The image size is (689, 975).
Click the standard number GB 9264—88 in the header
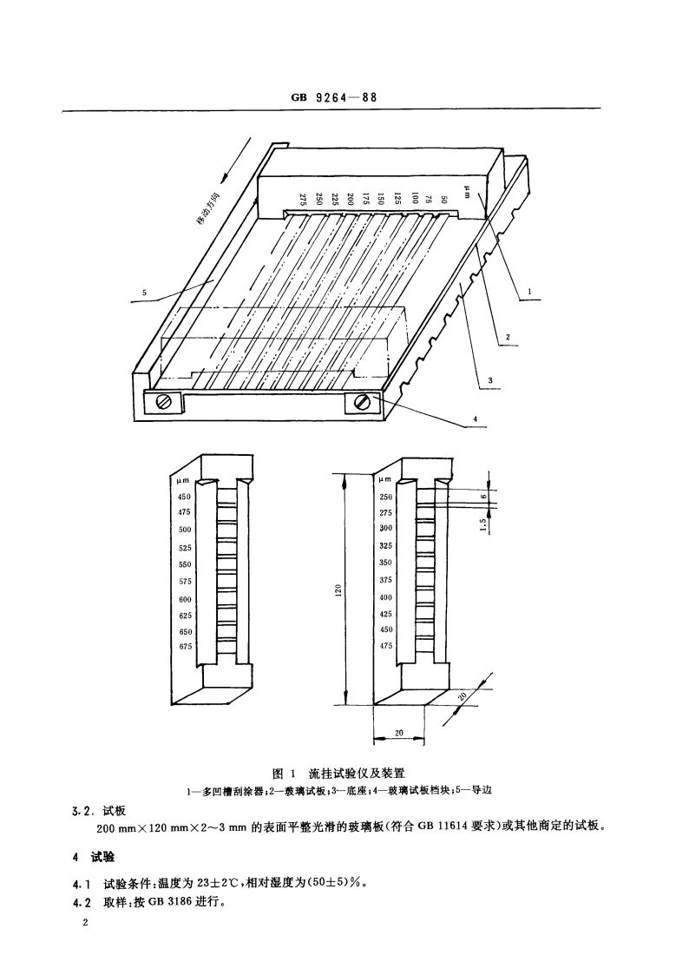334,98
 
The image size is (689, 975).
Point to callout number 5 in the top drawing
145,293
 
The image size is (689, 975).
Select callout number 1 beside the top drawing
528,293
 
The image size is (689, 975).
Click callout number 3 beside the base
490,380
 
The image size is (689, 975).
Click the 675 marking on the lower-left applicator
184,646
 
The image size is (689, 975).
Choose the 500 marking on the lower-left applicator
184,530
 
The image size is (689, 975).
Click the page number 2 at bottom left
85,926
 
